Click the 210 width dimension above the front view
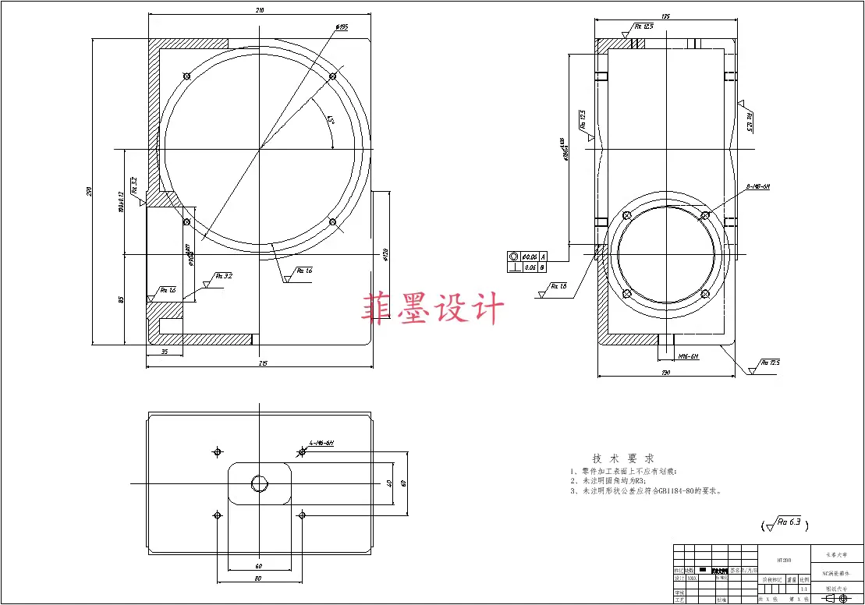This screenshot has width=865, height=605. coord(260,10)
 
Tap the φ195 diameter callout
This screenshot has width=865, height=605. coord(341,28)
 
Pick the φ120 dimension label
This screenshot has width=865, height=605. coord(385,254)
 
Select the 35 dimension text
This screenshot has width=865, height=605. coord(165,352)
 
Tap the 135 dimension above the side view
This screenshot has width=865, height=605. coord(665,16)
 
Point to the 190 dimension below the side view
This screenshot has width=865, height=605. coord(665,372)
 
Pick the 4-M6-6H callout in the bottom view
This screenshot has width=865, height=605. coord(321,443)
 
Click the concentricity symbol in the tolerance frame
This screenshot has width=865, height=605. coord(514,257)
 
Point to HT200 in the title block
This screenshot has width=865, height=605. coord(785,559)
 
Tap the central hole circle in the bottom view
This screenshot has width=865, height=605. coord(259,483)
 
